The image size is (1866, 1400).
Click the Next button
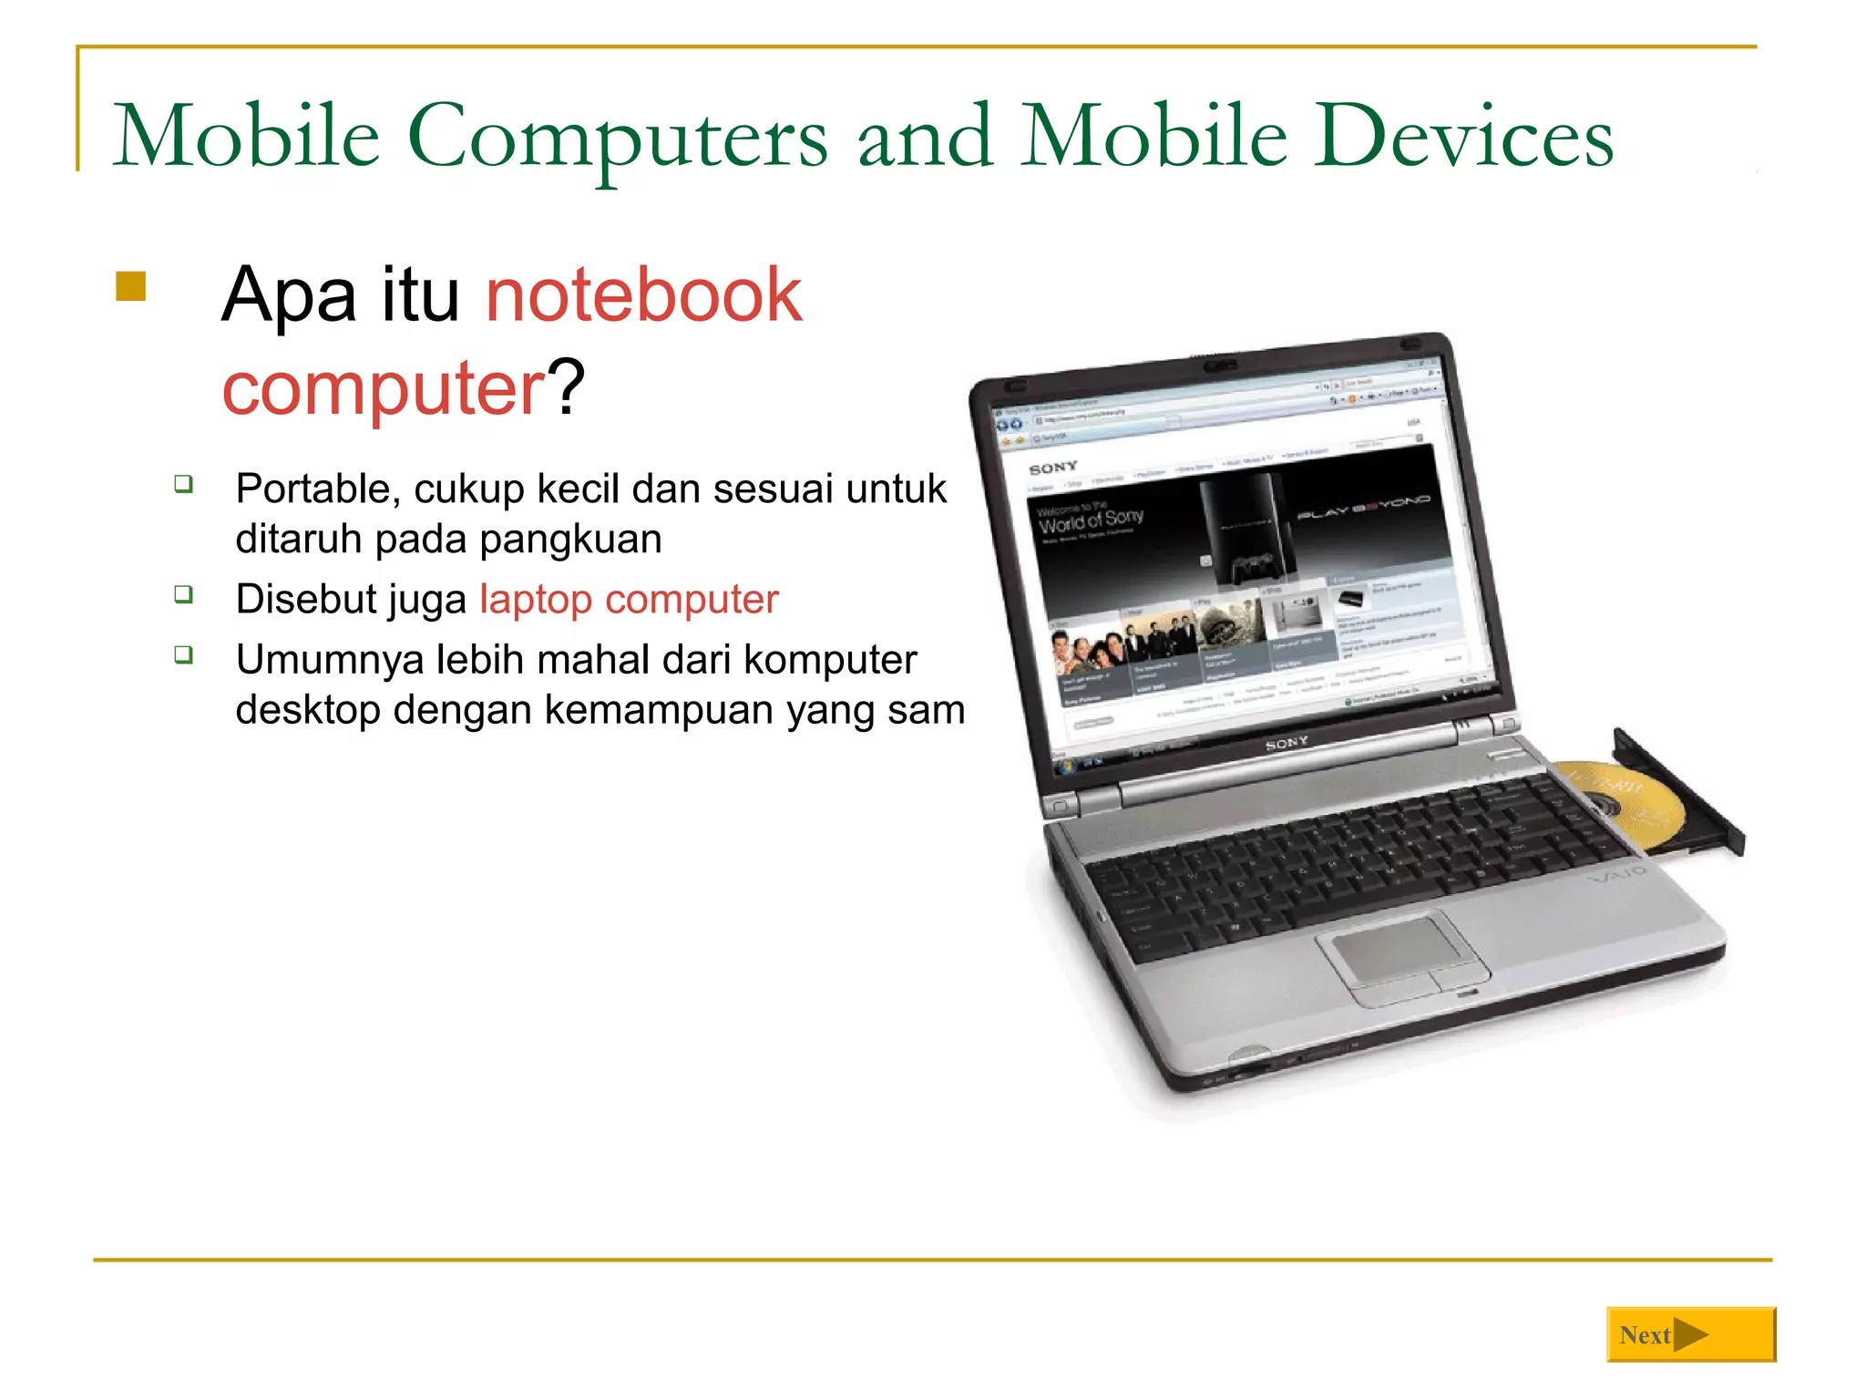1690,1335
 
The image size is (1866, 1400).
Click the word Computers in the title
617,137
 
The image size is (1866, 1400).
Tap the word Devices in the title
1463,137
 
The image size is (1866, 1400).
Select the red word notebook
643,295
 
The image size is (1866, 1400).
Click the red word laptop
536,600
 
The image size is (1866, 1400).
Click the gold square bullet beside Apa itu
131,286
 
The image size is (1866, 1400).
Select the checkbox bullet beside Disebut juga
184,595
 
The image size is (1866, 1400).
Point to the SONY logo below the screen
1287,744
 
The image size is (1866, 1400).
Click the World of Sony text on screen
1091,520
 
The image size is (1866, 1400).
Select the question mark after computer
566,388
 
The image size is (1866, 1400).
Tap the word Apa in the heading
288,295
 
